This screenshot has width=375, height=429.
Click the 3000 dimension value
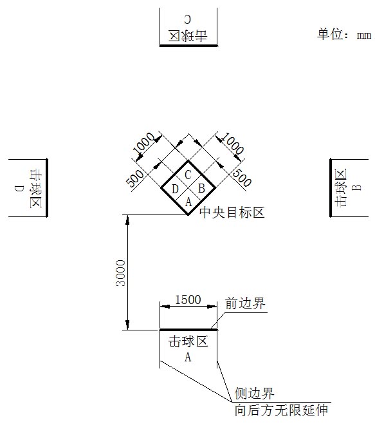coord(120,273)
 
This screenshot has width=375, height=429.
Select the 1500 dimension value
coord(188,300)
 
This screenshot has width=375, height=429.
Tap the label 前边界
coord(245,303)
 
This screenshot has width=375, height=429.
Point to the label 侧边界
coord(254,394)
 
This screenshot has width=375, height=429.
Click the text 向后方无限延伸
coord(281,410)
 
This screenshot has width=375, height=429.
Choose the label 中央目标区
coord(232,213)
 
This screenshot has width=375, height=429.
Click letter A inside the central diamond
coord(188,202)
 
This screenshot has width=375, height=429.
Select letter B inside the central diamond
coord(201,189)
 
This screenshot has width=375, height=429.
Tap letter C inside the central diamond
coord(188,175)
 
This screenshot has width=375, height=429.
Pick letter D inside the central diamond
coord(175,189)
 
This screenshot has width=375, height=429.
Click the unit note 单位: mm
coord(344,35)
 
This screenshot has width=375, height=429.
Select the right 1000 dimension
coord(232,144)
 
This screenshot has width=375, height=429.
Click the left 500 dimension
coord(135,178)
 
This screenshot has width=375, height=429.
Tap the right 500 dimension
coord(241,178)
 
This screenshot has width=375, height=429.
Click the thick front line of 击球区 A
coord(188,330)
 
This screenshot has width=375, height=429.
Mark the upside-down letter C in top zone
coord(188,19)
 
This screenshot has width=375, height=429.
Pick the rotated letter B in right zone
coord(356,187)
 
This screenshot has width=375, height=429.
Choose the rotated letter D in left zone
coord(19,189)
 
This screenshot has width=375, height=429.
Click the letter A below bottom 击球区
coord(188,357)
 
